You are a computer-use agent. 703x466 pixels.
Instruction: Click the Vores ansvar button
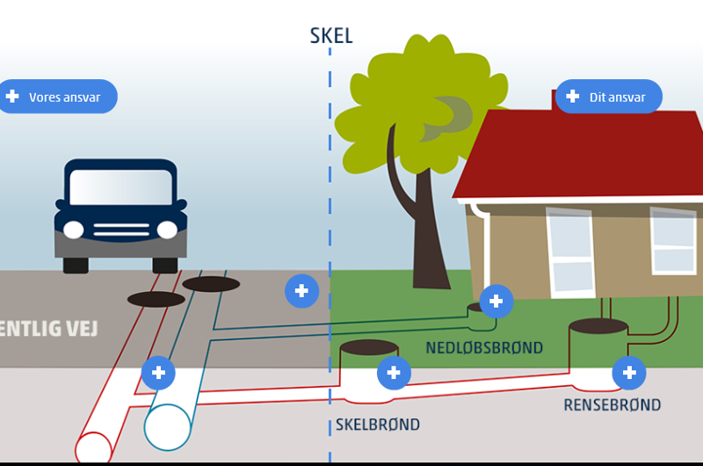(x=58, y=97)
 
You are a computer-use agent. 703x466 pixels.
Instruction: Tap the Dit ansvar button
(x=608, y=97)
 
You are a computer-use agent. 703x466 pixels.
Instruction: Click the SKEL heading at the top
(x=331, y=36)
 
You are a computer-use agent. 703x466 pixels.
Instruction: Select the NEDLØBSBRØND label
(x=484, y=347)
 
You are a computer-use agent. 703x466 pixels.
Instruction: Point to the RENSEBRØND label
(x=612, y=405)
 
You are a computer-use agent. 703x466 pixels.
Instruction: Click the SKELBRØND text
(x=378, y=425)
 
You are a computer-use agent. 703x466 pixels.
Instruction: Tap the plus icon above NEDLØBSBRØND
(x=496, y=302)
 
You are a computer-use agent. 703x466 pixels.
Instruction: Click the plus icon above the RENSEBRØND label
(x=629, y=373)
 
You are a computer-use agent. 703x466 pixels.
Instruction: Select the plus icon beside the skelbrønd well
(x=394, y=373)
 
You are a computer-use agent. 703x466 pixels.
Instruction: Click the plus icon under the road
(x=158, y=373)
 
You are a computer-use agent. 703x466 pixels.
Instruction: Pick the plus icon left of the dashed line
(x=301, y=291)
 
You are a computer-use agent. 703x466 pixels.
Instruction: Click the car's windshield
(x=121, y=186)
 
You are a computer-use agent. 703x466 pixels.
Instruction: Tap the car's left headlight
(x=74, y=230)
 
